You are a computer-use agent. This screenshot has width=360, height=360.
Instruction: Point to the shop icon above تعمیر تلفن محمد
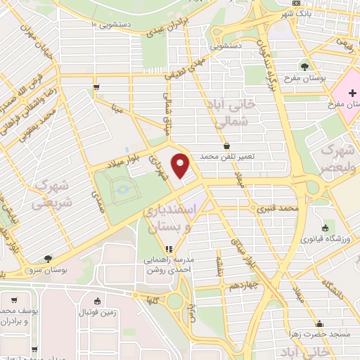click(x=226, y=146)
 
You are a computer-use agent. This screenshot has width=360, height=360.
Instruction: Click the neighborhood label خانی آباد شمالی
click(x=229, y=114)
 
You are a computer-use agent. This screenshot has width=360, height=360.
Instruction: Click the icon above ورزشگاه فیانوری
click(x=325, y=229)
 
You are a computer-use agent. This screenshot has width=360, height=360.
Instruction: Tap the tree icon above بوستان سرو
click(x=46, y=259)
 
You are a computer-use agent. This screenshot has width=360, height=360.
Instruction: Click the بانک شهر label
click(x=295, y=13)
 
